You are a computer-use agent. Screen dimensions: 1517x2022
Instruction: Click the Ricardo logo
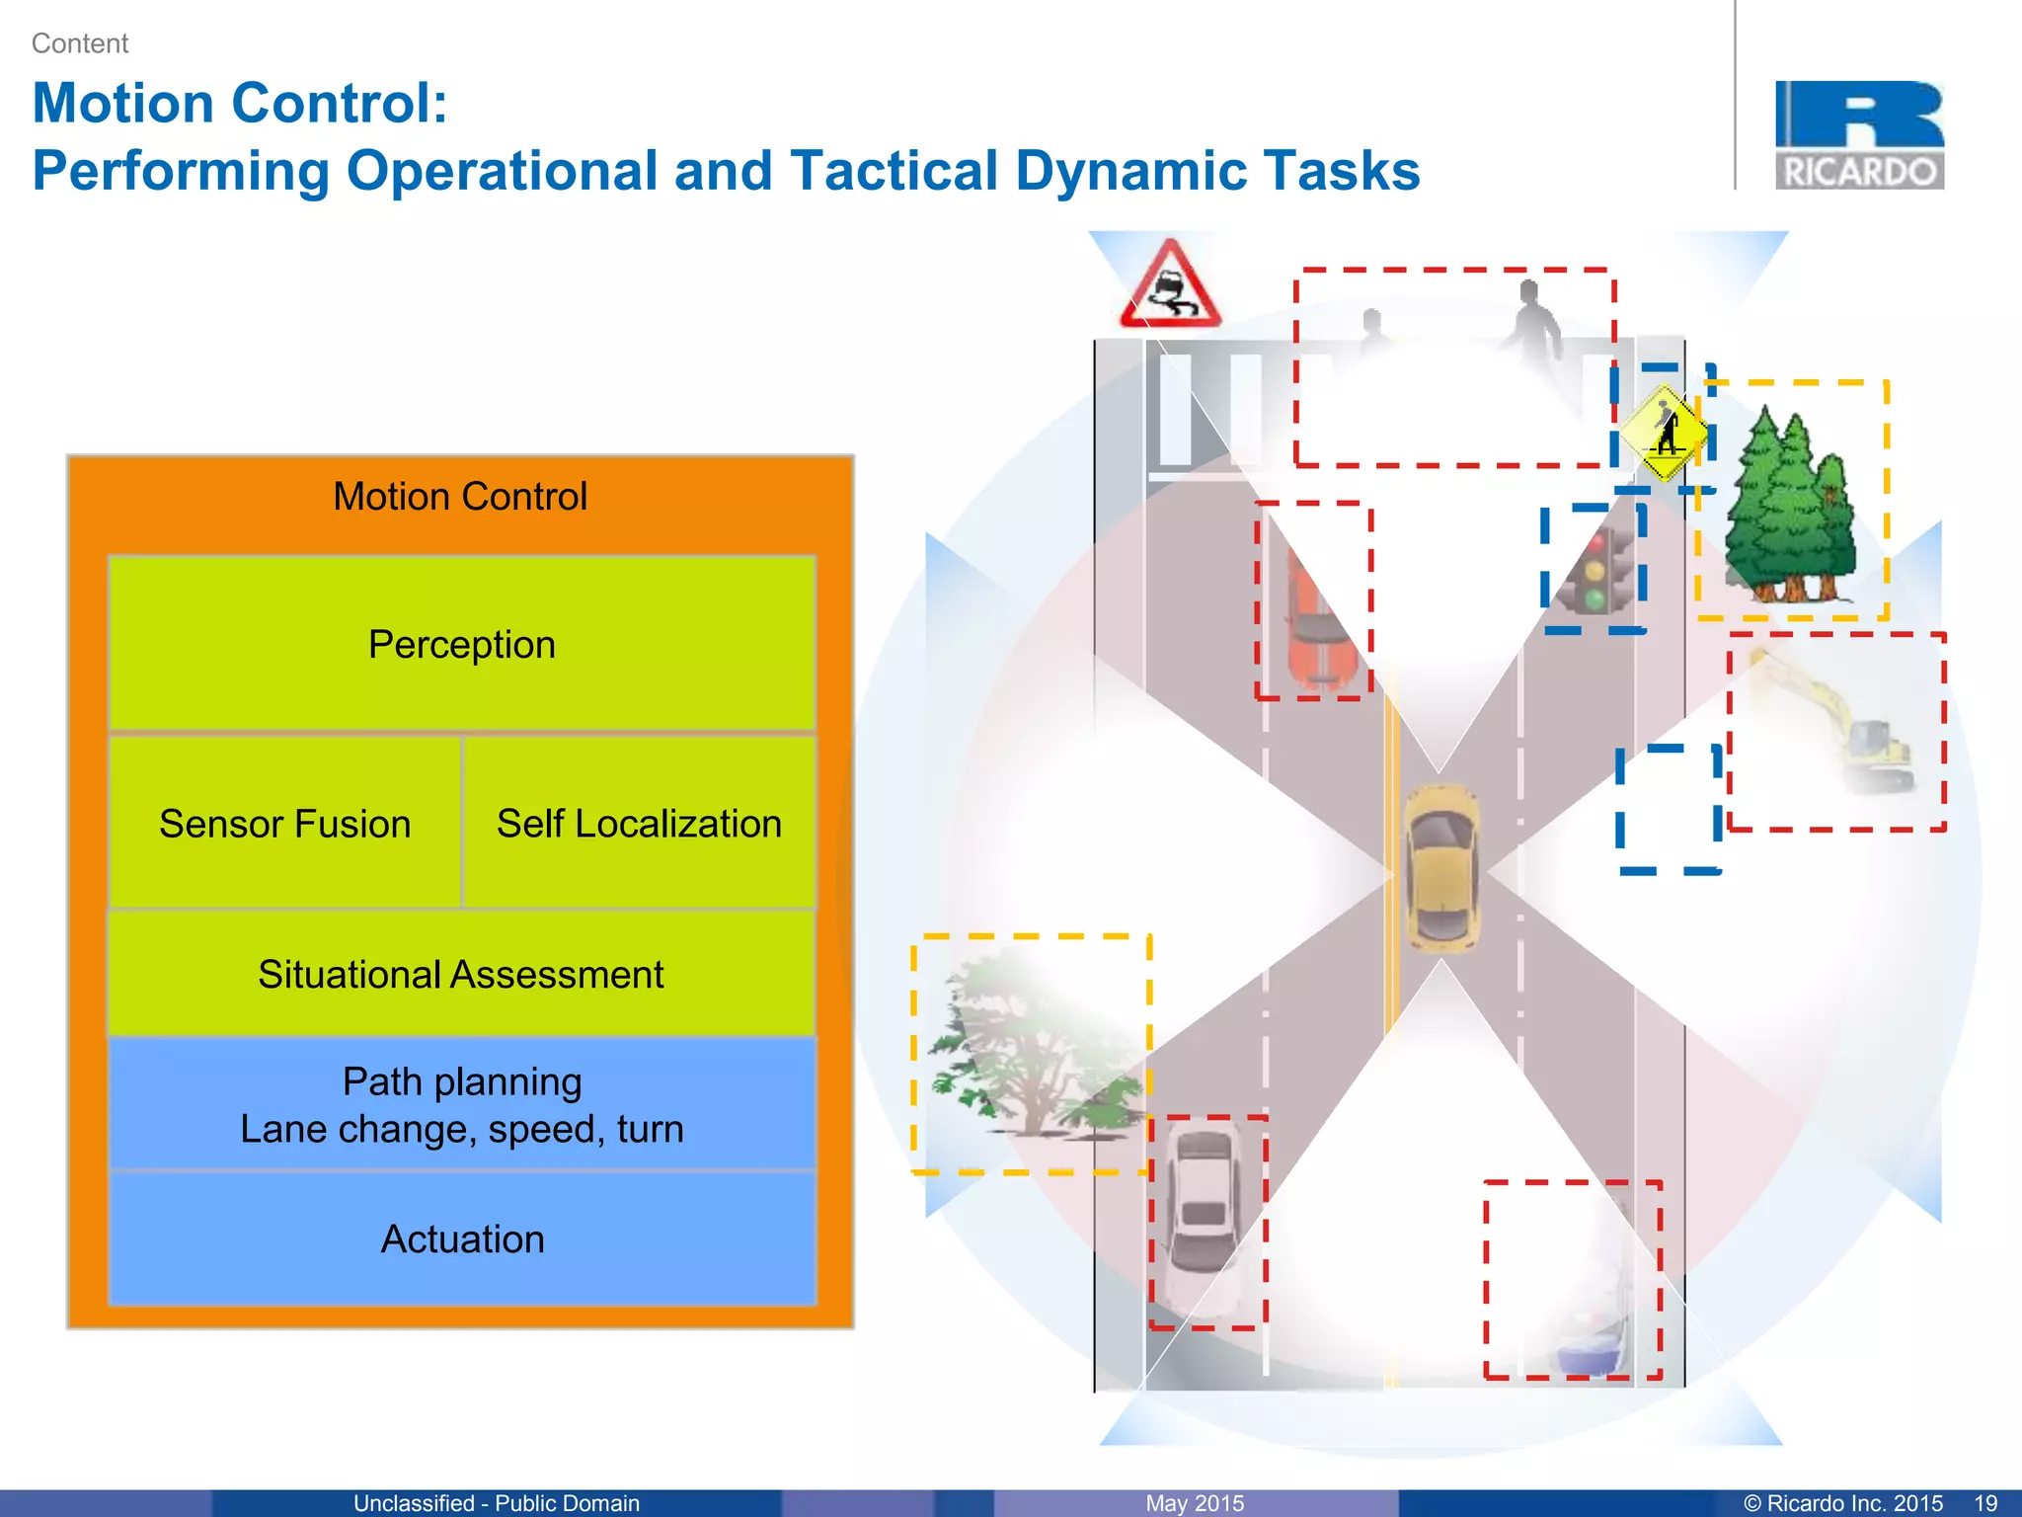(1859, 135)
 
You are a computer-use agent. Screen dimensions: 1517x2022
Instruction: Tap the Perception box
(461, 644)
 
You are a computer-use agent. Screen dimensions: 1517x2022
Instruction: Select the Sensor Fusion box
(284, 823)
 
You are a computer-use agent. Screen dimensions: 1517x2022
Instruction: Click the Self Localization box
(639, 823)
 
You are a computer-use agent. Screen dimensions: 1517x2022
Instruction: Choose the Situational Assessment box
(461, 974)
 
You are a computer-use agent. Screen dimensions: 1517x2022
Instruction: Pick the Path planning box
(461, 1104)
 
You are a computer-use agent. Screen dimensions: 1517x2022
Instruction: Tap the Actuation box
(461, 1238)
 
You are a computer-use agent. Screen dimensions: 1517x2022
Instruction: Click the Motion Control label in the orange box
(460, 496)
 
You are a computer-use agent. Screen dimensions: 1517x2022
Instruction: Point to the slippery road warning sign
(1170, 286)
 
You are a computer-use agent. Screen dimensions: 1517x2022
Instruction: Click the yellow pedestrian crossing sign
(1665, 433)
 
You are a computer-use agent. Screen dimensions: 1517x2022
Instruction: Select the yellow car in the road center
(1441, 867)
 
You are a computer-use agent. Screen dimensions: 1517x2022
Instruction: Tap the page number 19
(1985, 1503)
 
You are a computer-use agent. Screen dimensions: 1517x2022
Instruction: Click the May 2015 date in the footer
(1195, 1503)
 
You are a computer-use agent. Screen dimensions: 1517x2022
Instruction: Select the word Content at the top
(80, 43)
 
